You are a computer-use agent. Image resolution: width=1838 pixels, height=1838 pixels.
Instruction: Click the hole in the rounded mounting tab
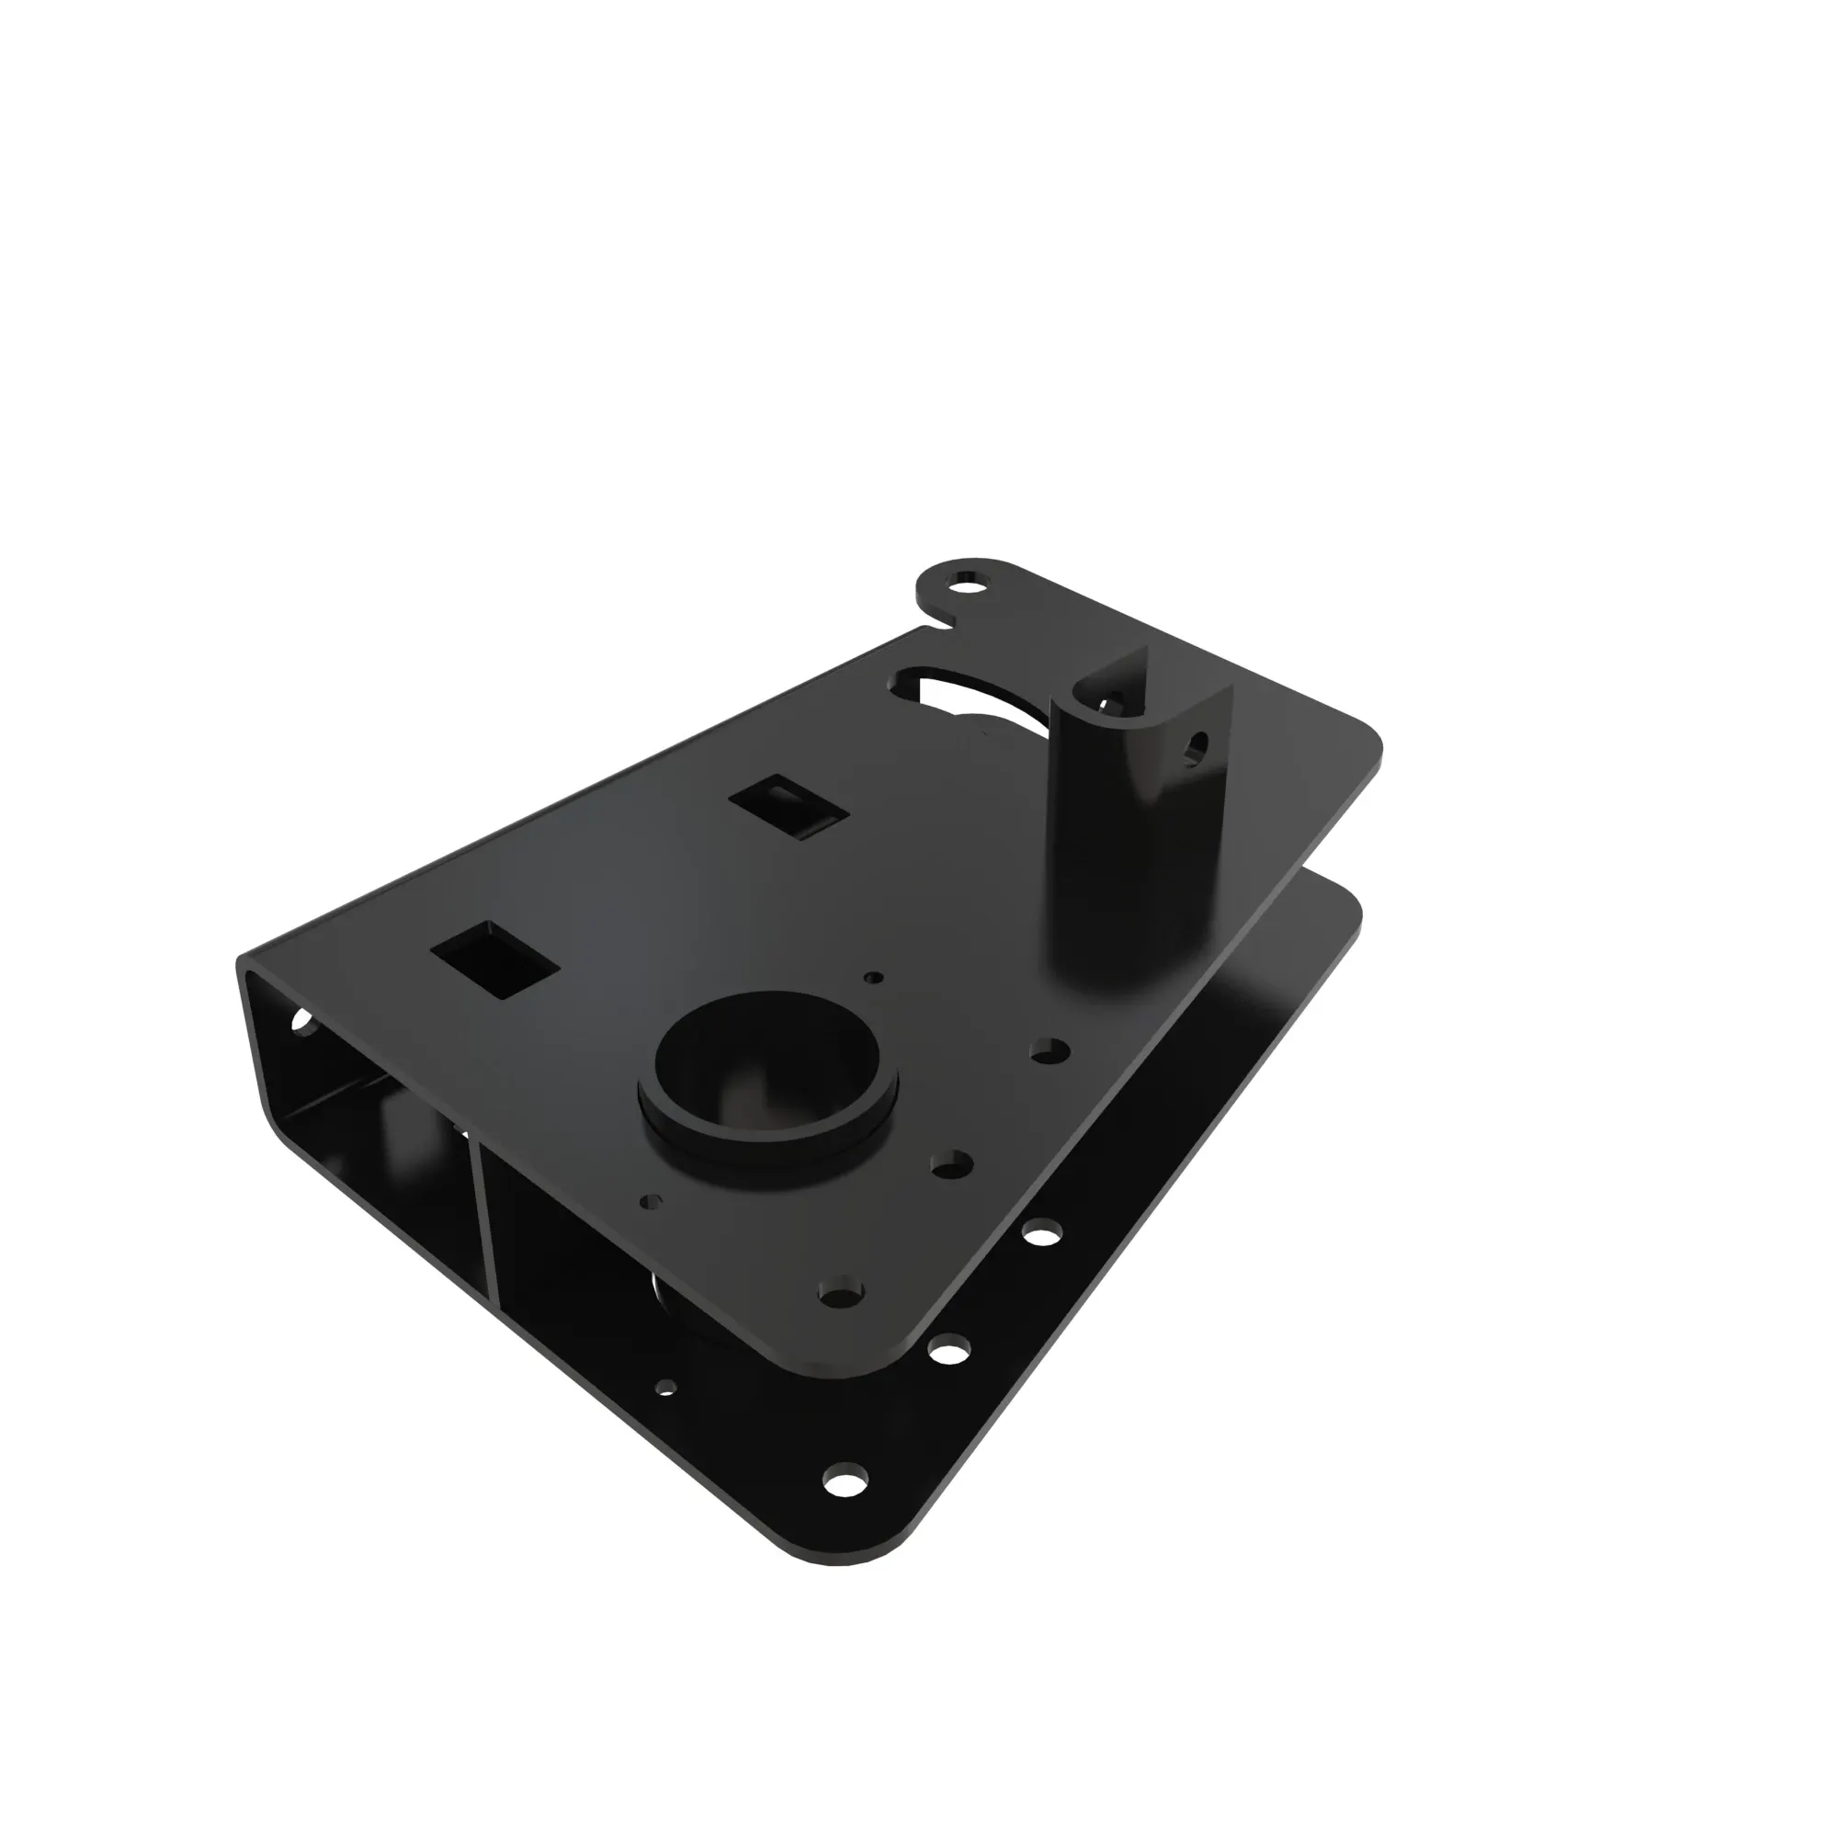(969, 579)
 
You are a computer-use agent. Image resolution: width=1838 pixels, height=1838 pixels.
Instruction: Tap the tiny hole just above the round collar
(874, 977)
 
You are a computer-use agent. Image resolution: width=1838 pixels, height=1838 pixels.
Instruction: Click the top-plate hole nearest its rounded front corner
(841, 1292)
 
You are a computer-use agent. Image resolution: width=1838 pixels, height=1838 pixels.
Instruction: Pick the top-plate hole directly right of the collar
(951, 1163)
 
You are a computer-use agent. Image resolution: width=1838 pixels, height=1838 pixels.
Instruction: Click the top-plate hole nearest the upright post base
(1049, 1050)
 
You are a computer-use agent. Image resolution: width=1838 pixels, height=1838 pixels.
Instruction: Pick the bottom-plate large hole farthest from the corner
(1044, 1234)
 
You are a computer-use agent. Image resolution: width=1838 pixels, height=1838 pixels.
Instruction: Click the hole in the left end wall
(303, 1022)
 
